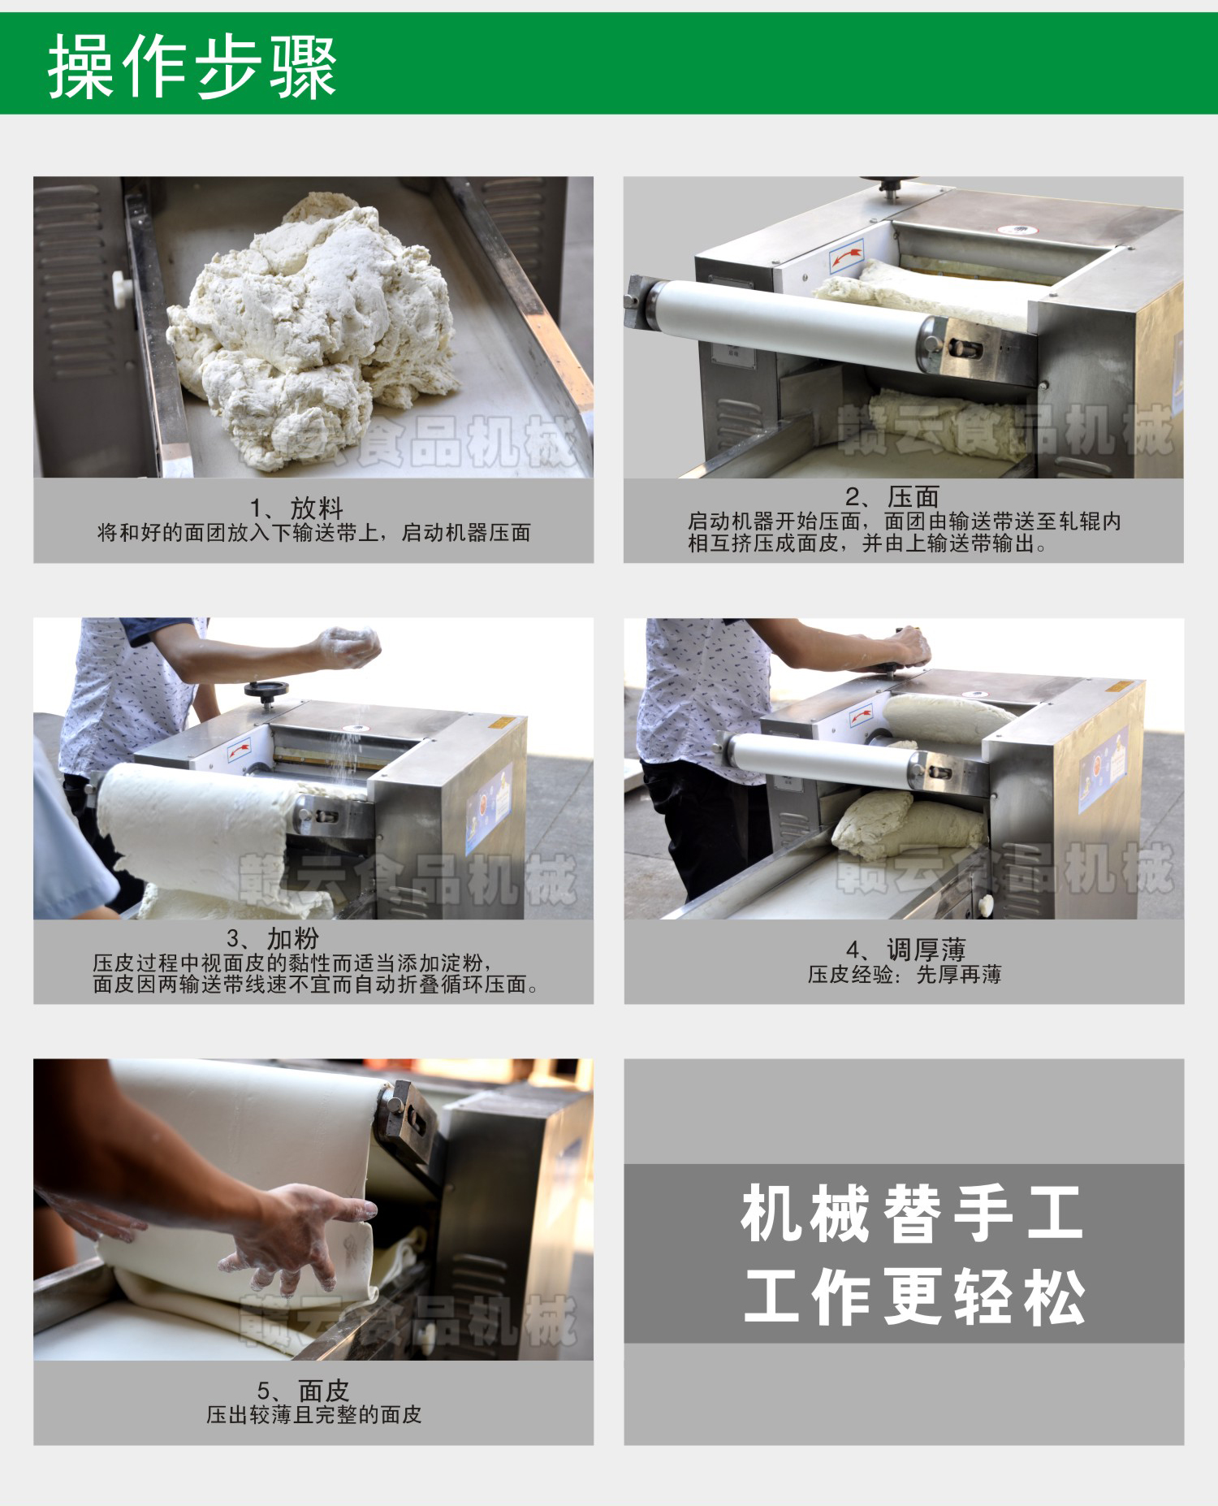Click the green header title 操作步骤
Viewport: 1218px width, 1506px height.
[192, 67]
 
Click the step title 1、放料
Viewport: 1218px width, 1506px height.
[296, 508]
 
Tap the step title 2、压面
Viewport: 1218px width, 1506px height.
[892, 497]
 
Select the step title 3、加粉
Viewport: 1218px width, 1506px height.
[273, 939]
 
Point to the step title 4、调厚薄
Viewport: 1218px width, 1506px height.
[905, 950]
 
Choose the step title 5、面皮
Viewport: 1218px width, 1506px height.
[303, 1391]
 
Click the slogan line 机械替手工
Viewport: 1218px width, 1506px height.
[912, 1214]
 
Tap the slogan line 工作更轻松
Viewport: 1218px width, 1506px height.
[914, 1296]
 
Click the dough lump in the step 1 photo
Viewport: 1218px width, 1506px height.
[313, 329]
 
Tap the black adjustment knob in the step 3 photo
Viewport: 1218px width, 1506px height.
[266, 691]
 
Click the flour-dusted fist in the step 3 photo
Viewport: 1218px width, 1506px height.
[349, 647]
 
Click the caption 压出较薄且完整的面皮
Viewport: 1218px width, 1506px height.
[314, 1415]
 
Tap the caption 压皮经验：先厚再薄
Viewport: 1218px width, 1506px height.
[905, 975]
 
